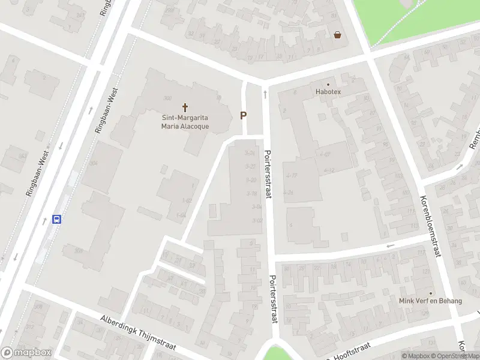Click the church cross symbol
click(x=185, y=108)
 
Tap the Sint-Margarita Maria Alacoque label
click(x=185, y=122)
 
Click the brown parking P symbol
click(x=243, y=115)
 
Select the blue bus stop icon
click(x=57, y=220)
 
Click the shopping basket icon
click(x=338, y=35)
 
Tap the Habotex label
click(x=328, y=92)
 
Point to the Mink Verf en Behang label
click(x=430, y=301)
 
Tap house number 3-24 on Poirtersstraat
click(x=250, y=153)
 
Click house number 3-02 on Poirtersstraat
click(x=258, y=221)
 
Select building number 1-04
click(x=181, y=215)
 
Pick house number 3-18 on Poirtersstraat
click(x=251, y=193)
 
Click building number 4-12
click(x=328, y=171)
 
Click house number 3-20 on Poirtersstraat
click(x=251, y=180)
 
